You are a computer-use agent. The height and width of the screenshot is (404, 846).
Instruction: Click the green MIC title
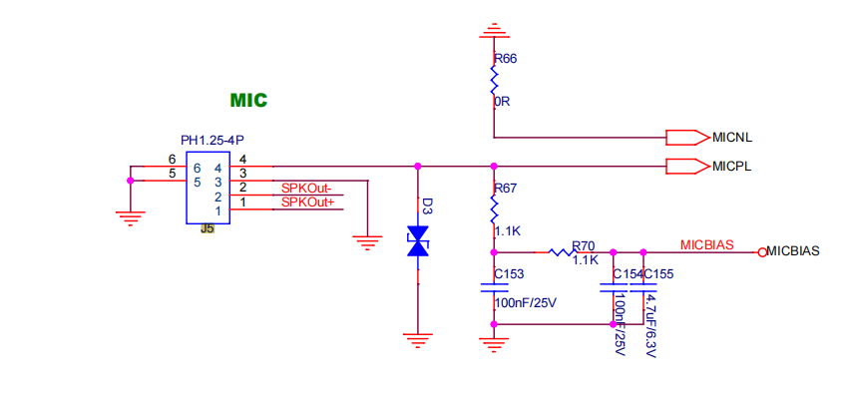[x=248, y=100]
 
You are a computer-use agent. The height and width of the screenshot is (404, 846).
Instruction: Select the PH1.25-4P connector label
[x=212, y=141]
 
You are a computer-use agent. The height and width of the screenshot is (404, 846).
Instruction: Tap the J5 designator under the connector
[x=208, y=228]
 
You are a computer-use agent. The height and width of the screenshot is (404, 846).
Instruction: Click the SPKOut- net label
[x=306, y=189]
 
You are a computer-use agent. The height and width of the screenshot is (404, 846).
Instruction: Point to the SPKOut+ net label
[x=307, y=202]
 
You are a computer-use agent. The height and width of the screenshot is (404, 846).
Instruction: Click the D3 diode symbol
[x=419, y=241]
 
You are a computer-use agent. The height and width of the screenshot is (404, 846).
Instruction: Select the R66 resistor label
[x=506, y=59]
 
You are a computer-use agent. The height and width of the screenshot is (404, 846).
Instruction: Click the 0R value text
[x=502, y=101]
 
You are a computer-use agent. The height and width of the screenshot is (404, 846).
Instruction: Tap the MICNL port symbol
[x=686, y=138]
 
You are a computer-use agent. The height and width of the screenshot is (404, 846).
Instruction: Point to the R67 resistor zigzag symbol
[x=493, y=209]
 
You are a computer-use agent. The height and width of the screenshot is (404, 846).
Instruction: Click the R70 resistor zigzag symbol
[x=563, y=252]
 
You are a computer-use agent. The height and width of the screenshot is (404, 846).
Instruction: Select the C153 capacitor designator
[x=510, y=274]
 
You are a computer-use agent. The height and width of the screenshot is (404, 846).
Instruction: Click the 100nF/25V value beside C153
[x=525, y=303]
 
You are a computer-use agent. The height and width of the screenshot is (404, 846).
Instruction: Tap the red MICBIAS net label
[x=706, y=245]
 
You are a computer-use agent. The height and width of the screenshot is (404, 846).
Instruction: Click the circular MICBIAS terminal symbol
[x=762, y=252]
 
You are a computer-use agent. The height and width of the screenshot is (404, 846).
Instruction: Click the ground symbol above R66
[x=493, y=31]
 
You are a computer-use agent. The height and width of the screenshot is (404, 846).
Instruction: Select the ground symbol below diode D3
[x=418, y=341]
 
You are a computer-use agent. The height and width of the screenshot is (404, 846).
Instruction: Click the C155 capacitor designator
[x=658, y=274]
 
